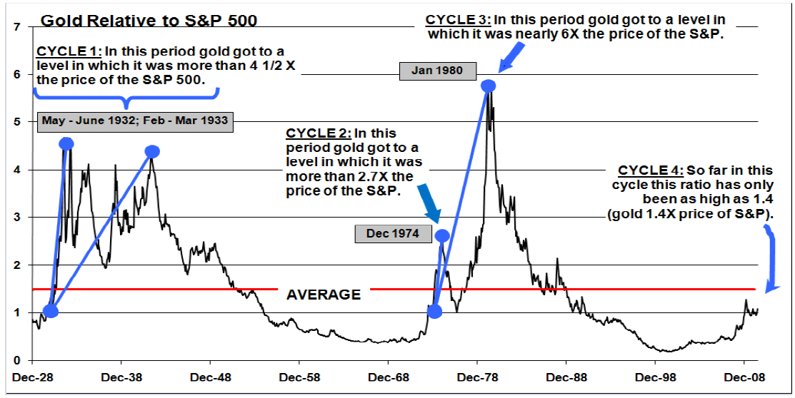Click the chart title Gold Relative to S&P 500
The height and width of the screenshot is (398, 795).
click(x=149, y=20)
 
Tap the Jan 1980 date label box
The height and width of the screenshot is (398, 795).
click(x=437, y=71)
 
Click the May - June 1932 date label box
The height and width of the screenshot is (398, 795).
click(x=135, y=121)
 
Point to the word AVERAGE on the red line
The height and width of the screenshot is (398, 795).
click(x=323, y=295)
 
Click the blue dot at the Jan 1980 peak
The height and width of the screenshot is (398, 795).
click(x=489, y=86)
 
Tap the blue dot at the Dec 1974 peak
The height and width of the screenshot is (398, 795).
click(x=442, y=235)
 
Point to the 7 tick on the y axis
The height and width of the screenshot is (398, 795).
click(x=16, y=27)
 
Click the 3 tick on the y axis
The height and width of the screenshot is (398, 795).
click(x=16, y=218)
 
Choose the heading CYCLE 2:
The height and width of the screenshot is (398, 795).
click(x=318, y=133)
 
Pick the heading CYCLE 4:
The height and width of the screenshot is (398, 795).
click(x=650, y=170)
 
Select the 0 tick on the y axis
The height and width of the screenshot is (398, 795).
click(x=16, y=360)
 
